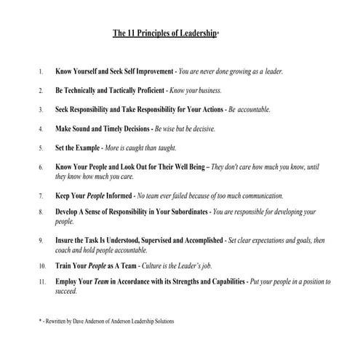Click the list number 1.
[41, 72]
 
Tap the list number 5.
[41, 148]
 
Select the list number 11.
[42, 281]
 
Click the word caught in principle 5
[154, 148]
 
